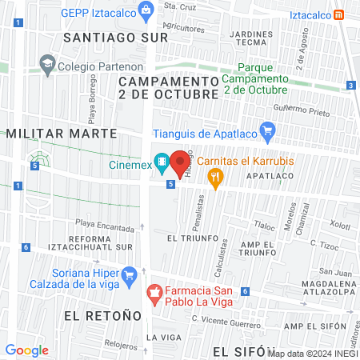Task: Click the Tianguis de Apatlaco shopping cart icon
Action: [x=268, y=131]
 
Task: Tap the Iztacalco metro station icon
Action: [x=339, y=14]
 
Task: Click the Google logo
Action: [x=26, y=350]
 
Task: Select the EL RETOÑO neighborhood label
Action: [x=96, y=315]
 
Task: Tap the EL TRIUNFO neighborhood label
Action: [x=187, y=238]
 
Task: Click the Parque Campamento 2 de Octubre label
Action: [x=254, y=78]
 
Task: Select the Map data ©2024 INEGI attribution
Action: [x=314, y=352]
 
